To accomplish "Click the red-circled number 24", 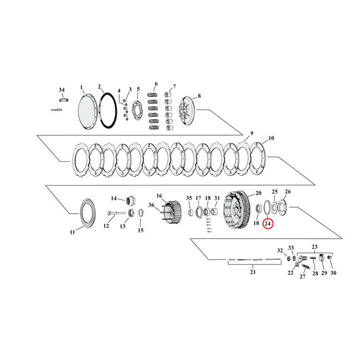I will click(268, 224).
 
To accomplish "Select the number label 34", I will click(61, 89).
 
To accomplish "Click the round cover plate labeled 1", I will click(87, 110).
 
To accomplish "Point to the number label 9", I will click(251, 133).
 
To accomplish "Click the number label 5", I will click(138, 89).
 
